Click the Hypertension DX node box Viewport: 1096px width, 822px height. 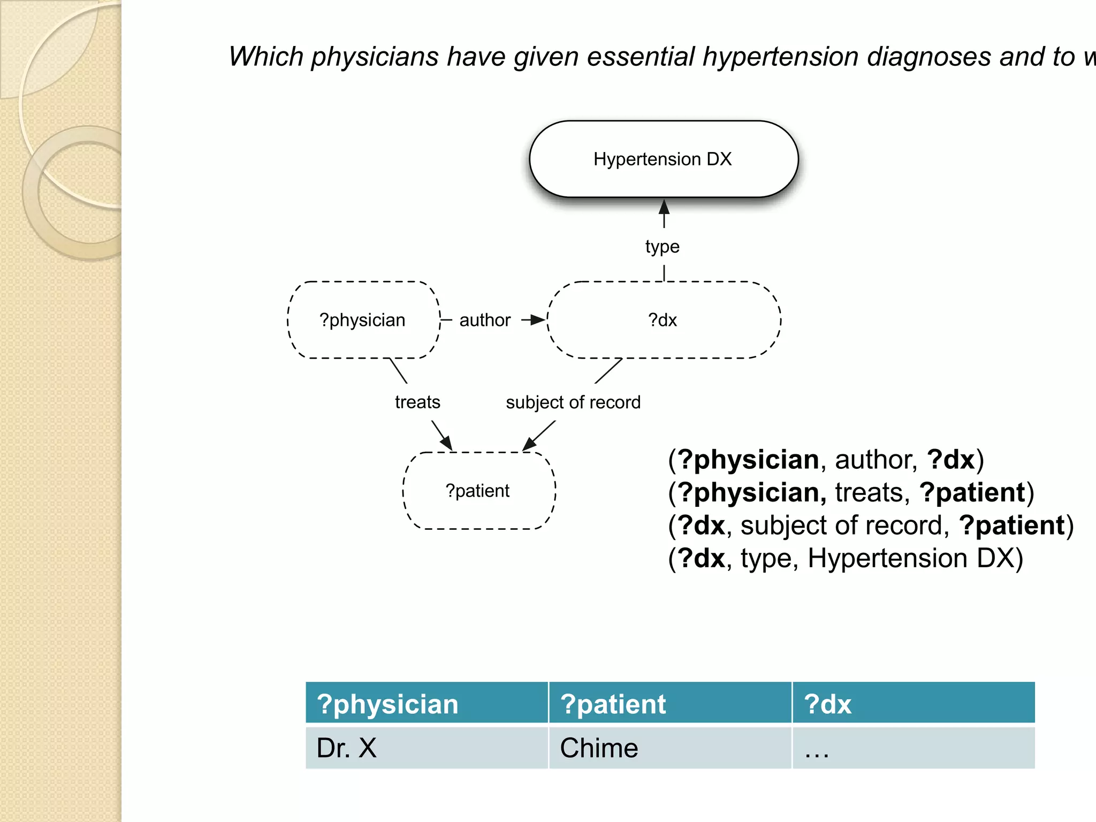[x=663, y=159]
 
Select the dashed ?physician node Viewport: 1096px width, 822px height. [x=363, y=320]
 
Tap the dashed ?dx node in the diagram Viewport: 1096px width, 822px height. [x=663, y=320]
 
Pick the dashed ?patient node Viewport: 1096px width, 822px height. [x=478, y=491]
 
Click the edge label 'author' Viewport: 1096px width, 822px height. [x=485, y=320]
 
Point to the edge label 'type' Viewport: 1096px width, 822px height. [x=663, y=246]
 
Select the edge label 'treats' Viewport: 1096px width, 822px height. [x=417, y=402]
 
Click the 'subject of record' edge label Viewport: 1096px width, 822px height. [x=573, y=402]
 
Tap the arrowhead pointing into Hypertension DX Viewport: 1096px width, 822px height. [x=664, y=207]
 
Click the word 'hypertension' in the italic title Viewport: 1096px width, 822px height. [x=780, y=57]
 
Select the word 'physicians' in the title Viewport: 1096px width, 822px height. [x=375, y=57]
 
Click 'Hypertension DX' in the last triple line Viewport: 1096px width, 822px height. [x=915, y=558]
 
